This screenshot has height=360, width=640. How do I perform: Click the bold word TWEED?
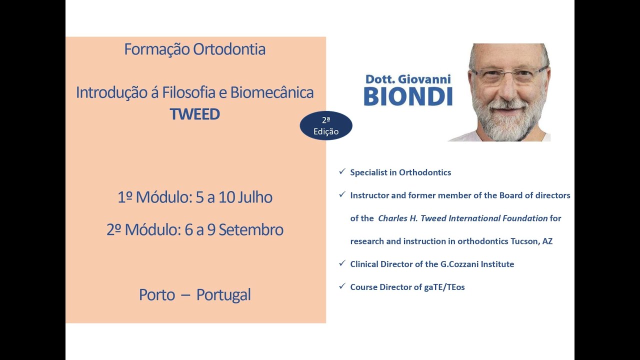tap(195, 114)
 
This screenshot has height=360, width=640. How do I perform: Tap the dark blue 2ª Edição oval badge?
tap(326, 125)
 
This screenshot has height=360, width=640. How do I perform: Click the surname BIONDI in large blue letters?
tap(408, 97)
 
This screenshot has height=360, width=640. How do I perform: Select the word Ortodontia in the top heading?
tap(229, 49)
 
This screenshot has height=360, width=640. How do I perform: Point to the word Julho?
tap(255, 197)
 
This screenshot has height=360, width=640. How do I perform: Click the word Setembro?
tap(251, 229)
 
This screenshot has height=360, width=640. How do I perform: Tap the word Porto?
tap(157, 295)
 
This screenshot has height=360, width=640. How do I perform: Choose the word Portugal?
tap(223, 295)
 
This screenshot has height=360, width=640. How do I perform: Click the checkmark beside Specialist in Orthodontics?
tap(342, 171)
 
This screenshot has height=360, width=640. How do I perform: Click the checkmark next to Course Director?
tap(342, 286)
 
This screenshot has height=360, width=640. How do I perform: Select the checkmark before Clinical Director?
tap(342, 263)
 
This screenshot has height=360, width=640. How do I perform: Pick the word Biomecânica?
tap(272, 92)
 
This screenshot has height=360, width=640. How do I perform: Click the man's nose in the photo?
tap(509, 88)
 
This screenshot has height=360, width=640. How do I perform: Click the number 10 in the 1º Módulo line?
tap(226, 197)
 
